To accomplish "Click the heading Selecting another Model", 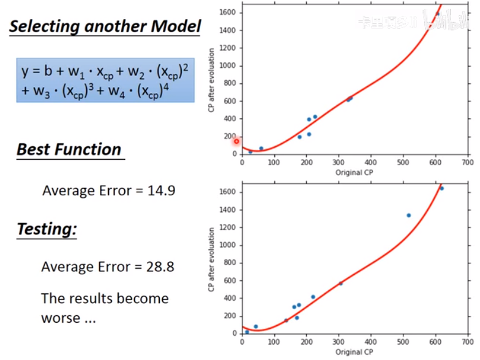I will click(105, 26).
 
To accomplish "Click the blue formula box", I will click(105, 80).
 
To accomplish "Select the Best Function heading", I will click(69, 149).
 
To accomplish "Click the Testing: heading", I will click(47, 229).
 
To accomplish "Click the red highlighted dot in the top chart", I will click(236, 141).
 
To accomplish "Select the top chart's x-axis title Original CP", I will click(354, 173).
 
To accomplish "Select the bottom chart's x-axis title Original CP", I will click(354, 352).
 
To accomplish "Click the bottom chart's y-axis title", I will click(212, 260).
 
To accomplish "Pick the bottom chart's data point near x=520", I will click(408, 216).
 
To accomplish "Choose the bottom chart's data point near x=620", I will click(441, 189).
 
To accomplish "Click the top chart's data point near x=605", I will click(437, 13).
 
